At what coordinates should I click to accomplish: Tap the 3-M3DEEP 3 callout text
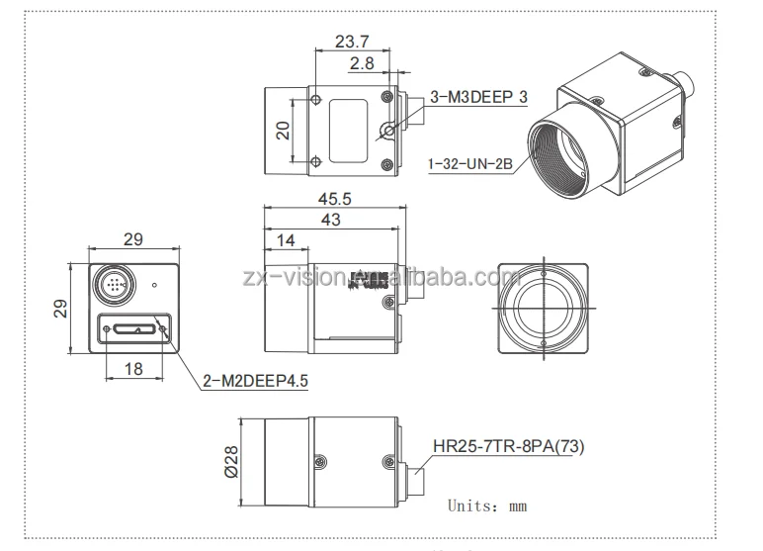pyautogui.click(x=479, y=96)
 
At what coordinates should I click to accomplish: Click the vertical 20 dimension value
pyautogui.click(x=283, y=132)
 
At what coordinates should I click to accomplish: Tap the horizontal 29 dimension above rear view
pyautogui.click(x=132, y=238)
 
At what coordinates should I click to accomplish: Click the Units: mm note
pyautogui.click(x=487, y=505)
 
